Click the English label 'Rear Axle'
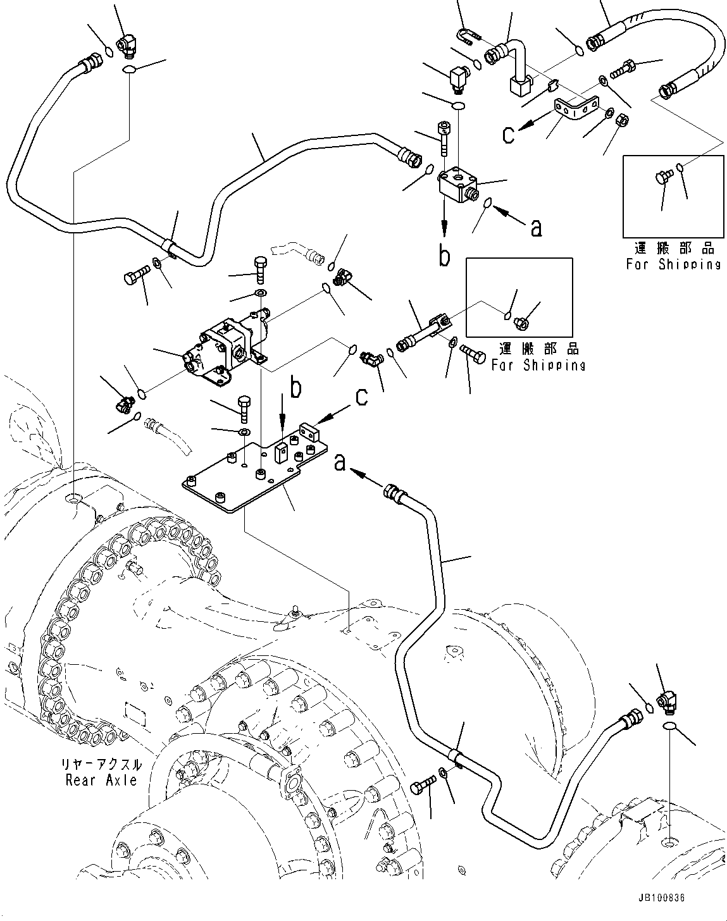point(101,780)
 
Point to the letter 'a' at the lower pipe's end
point(340,464)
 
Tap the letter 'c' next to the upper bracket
point(508,135)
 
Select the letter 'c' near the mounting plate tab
point(361,397)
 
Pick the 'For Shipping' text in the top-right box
point(673,264)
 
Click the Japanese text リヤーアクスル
point(101,765)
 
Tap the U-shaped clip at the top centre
point(468,37)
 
